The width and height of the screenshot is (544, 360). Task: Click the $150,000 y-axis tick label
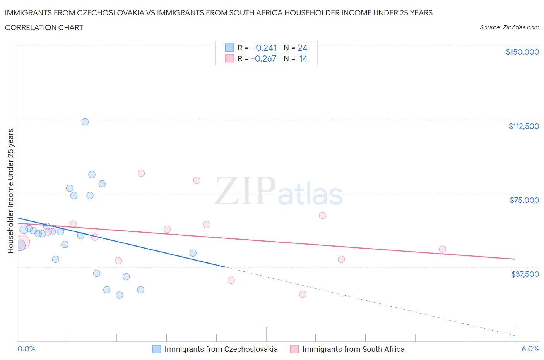pyautogui.click(x=522, y=52)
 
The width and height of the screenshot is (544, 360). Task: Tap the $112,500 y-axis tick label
pyautogui.click(x=523, y=126)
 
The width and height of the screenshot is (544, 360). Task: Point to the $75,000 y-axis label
pyautogui.click(x=524, y=200)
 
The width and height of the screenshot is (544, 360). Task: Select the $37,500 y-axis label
pyautogui.click(x=525, y=274)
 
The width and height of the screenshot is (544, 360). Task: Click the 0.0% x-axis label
pyautogui.click(x=26, y=349)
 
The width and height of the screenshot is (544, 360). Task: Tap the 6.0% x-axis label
pyautogui.click(x=530, y=349)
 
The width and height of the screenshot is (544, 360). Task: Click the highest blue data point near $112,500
pyautogui.click(x=85, y=122)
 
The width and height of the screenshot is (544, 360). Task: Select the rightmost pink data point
pyautogui.click(x=442, y=249)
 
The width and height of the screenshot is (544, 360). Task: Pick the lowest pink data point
pyautogui.click(x=303, y=294)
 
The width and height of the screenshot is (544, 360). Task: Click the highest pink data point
pyautogui.click(x=141, y=173)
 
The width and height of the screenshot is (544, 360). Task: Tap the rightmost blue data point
pyautogui.click(x=193, y=253)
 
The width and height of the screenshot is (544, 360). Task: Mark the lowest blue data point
pyautogui.click(x=120, y=295)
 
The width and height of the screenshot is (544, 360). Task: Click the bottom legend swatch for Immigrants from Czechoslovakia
pyautogui.click(x=156, y=349)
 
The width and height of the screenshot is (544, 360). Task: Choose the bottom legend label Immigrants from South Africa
pyautogui.click(x=353, y=349)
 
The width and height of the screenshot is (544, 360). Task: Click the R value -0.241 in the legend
pyautogui.click(x=264, y=48)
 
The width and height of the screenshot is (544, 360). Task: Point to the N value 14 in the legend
pyautogui.click(x=303, y=59)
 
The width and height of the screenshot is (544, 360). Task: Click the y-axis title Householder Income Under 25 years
pyautogui.click(x=10, y=191)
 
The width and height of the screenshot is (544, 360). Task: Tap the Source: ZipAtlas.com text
pyautogui.click(x=509, y=27)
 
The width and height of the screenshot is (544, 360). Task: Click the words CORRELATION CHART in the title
pyautogui.click(x=44, y=27)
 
